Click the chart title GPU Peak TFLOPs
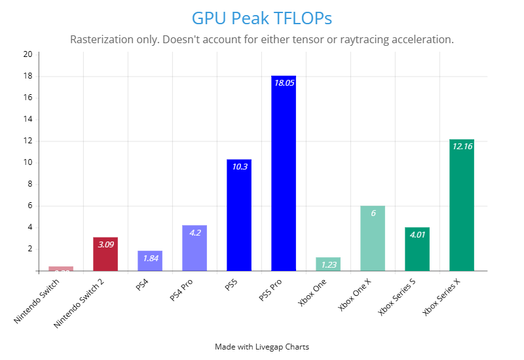[x=262, y=17]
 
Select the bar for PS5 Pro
[x=284, y=173]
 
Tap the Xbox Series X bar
[x=461, y=205]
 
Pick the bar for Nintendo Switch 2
[x=105, y=254]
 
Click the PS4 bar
[x=150, y=261]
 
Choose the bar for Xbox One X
[x=373, y=238]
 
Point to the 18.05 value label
[x=284, y=83]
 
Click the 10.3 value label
[x=239, y=167]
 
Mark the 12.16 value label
[x=461, y=147]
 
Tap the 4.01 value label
[x=417, y=234]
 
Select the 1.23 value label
[x=328, y=264]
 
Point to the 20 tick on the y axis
[x=28, y=54]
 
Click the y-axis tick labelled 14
[x=28, y=119]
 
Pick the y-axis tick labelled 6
[x=29, y=206]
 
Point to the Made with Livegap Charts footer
[x=262, y=347]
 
